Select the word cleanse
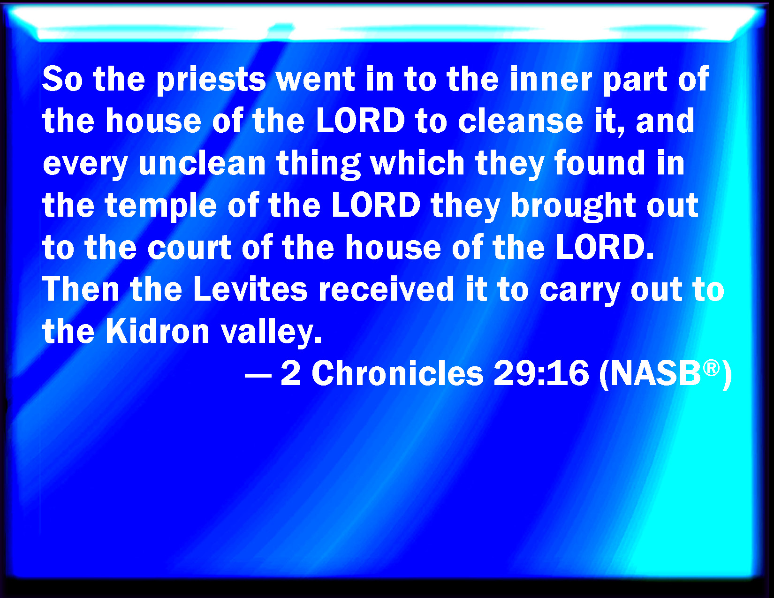pyautogui.click(x=520, y=121)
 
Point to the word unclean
pyautogui.click(x=202, y=163)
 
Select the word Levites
pyautogui.click(x=250, y=289)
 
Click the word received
pyautogui.click(x=386, y=289)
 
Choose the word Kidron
pyautogui.click(x=158, y=331)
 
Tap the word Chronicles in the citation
pyautogui.click(x=397, y=373)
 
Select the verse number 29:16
pyautogui.click(x=541, y=373)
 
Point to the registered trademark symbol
pyautogui.click(x=712, y=368)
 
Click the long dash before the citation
pyautogui.click(x=258, y=375)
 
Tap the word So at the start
pyautogui.click(x=63, y=79)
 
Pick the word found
pyautogui.click(x=600, y=163)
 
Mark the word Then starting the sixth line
pyautogui.click(x=81, y=289)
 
